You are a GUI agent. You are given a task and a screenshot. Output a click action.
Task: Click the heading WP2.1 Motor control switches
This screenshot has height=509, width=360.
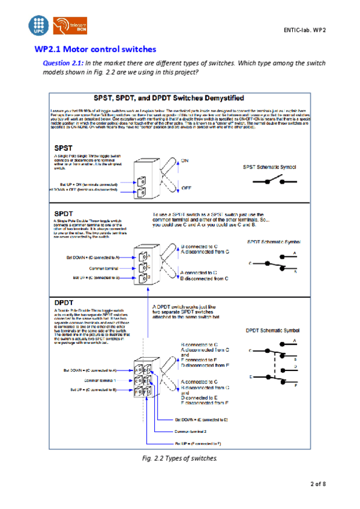click(95, 49)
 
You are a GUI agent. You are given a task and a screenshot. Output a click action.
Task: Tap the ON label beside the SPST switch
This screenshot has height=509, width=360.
click(186, 160)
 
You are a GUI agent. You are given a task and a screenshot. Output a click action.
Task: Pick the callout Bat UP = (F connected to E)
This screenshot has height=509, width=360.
click(198, 442)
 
